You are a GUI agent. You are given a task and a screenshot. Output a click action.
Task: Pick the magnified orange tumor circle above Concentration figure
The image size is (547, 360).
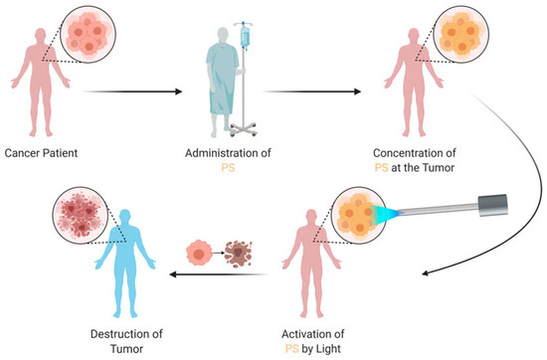point(454,41)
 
